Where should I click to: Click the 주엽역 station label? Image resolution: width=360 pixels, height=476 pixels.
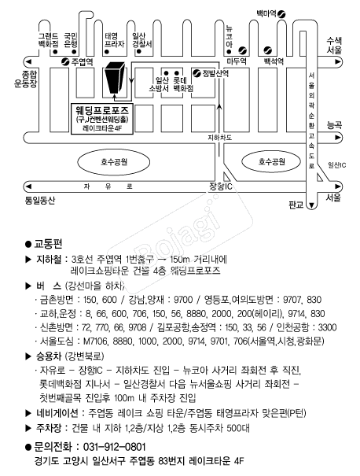(x=82, y=62)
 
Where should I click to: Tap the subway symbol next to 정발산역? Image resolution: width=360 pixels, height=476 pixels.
(x=197, y=73)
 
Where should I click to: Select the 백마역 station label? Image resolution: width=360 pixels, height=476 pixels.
(x=266, y=13)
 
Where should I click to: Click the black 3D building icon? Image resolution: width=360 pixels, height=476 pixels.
(x=114, y=77)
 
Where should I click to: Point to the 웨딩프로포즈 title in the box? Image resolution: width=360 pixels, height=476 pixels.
(x=101, y=110)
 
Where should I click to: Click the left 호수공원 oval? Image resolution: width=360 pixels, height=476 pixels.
(x=114, y=162)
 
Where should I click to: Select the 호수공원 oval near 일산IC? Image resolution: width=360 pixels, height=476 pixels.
(x=271, y=161)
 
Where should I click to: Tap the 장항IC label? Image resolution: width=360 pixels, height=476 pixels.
(x=221, y=186)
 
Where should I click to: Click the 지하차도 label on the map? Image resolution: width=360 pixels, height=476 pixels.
(x=219, y=138)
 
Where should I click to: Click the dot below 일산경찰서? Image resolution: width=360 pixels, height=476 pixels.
(x=139, y=51)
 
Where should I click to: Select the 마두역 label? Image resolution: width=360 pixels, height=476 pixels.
(x=237, y=61)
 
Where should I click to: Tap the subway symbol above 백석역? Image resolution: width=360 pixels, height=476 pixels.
(x=267, y=50)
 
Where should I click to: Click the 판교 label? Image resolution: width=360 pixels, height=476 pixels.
(x=296, y=205)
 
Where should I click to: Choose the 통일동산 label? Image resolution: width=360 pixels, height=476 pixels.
(x=40, y=200)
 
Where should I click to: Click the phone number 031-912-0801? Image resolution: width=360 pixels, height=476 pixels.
(x=114, y=447)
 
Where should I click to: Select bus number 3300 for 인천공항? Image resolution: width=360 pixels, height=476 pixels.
(x=327, y=327)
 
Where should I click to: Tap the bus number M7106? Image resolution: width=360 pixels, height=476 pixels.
(x=95, y=341)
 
